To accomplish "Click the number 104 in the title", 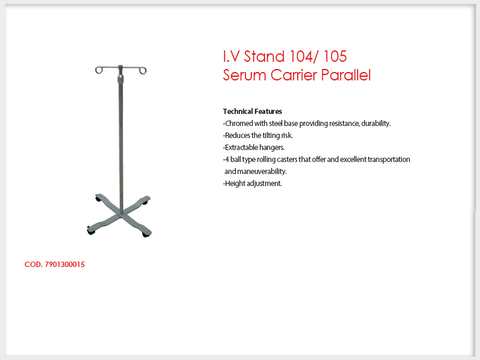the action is (x=302, y=56).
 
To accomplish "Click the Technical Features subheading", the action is (x=252, y=112).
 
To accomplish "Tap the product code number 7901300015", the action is (x=65, y=265).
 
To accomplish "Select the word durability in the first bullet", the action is (x=376, y=124).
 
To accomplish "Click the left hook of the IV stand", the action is (x=98, y=70).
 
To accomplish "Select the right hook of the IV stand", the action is (x=143, y=71).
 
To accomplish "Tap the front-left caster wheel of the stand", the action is (x=91, y=231).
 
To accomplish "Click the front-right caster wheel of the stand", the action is (x=146, y=234).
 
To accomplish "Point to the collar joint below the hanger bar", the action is (x=121, y=79).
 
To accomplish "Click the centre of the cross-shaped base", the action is (x=122, y=215).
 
